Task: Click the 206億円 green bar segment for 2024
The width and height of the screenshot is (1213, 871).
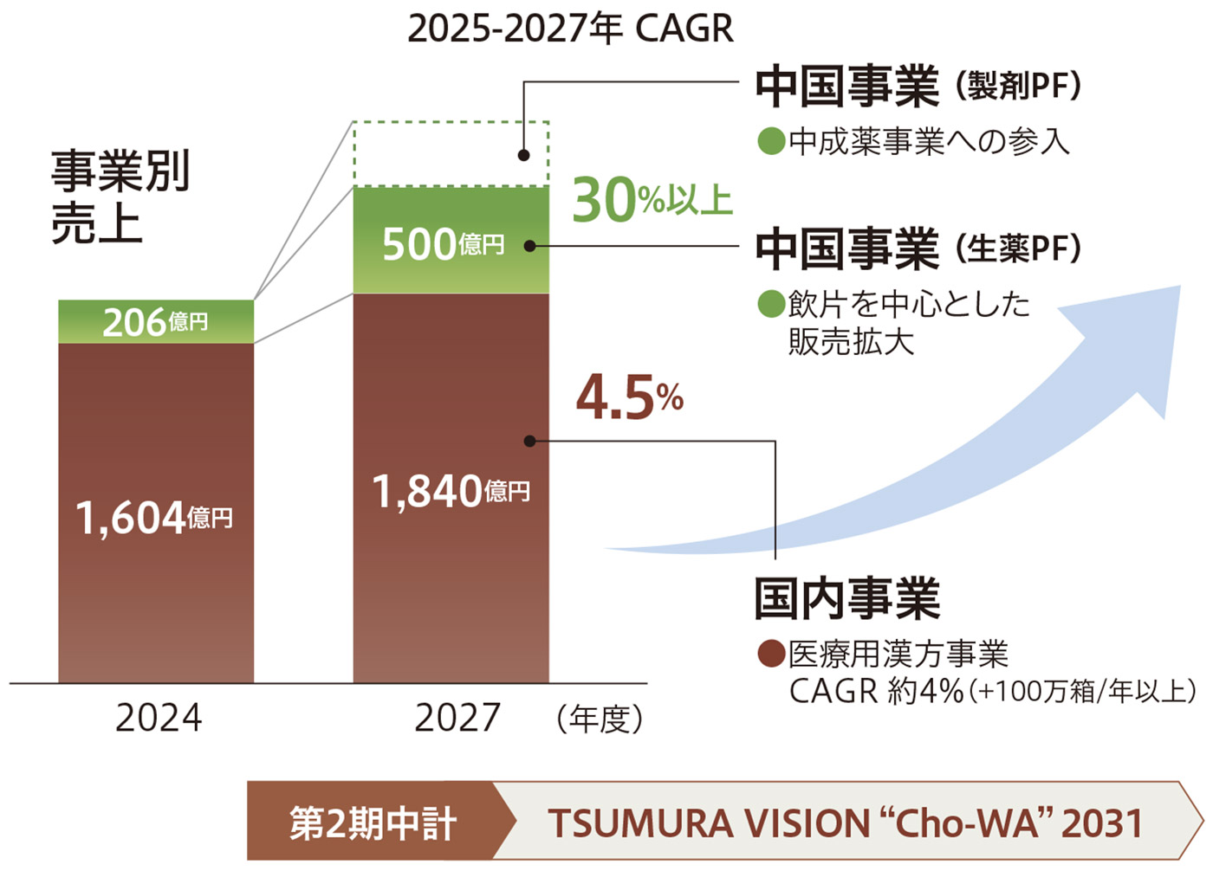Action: pyautogui.click(x=156, y=322)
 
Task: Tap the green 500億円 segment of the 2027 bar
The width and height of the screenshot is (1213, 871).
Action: pyautogui.click(x=451, y=242)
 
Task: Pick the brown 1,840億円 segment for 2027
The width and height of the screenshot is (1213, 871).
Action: pyautogui.click(x=451, y=490)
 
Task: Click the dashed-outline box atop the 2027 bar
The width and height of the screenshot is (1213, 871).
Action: pyautogui.click(x=451, y=154)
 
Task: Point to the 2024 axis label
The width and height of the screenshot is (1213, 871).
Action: pyautogui.click(x=159, y=718)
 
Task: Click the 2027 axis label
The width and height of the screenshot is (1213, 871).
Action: pyautogui.click(x=457, y=718)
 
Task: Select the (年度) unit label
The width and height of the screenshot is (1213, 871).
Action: pyautogui.click(x=600, y=719)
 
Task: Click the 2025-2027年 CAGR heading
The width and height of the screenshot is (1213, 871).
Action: pyautogui.click(x=570, y=29)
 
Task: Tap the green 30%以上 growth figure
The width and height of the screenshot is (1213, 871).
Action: pyautogui.click(x=652, y=200)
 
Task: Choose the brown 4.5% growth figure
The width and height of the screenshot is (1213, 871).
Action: pyautogui.click(x=630, y=399)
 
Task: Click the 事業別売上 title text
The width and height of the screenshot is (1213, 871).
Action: pyautogui.click(x=120, y=197)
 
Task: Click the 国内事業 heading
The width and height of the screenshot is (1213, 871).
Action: pyautogui.click(x=847, y=598)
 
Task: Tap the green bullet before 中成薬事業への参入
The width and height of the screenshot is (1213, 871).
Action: pyautogui.click(x=770, y=141)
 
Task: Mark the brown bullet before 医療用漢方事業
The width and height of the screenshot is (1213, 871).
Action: pyautogui.click(x=770, y=654)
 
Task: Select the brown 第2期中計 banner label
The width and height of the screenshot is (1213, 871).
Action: pyautogui.click(x=373, y=823)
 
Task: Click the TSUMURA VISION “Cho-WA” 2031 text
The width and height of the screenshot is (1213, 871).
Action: pyautogui.click(x=845, y=823)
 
